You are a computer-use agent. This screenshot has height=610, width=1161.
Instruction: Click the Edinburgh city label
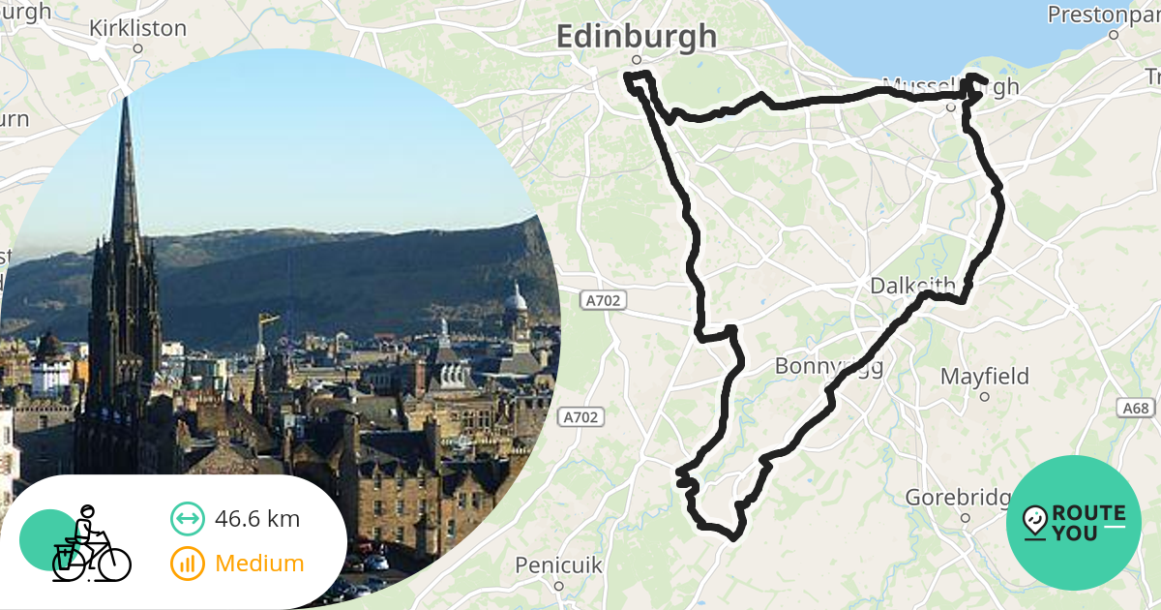tap(637, 37)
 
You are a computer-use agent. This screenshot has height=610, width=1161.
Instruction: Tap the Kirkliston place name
tap(137, 28)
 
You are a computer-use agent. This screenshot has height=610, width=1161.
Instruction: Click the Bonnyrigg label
tap(828, 367)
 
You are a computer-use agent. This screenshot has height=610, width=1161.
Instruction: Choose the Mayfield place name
tap(984, 376)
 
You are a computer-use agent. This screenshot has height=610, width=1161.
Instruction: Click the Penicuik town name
tap(558, 564)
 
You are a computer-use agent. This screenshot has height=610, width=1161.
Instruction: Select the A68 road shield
tap(1136, 408)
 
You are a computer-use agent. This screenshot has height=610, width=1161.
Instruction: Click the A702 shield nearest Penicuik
tap(580, 417)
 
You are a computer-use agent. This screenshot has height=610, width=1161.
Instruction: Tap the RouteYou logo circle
tap(1074, 523)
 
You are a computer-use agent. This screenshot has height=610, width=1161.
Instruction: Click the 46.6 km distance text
tap(257, 519)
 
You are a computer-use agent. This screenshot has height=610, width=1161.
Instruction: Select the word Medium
tap(259, 563)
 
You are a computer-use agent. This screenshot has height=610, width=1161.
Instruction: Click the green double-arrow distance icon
tap(188, 519)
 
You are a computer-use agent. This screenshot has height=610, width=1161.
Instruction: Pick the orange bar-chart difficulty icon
tap(188, 564)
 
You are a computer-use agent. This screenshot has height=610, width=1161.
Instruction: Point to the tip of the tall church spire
tap(125, 99)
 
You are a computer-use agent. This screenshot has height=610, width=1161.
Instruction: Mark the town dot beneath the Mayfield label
tap(984, 396)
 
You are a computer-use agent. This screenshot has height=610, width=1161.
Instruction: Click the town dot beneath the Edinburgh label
tap(637, 60)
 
